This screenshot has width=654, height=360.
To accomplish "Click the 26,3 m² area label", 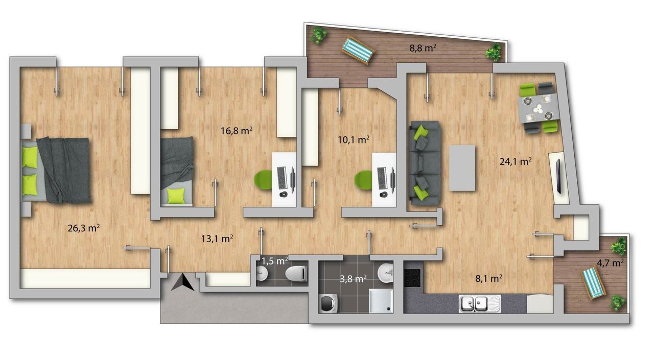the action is coord(83,228).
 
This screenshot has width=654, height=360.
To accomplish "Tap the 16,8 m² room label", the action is coord(237,131).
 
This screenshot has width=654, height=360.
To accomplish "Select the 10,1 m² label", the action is coord(354,140).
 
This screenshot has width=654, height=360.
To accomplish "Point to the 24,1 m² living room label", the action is coord(516,161).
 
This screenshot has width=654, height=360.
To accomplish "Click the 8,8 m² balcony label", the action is coord(423,48).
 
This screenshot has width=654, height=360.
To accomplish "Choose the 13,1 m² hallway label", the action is coord(217,238).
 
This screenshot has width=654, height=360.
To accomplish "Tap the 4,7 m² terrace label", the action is coord(610,263).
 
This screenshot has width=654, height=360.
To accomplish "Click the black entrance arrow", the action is coord(183,282).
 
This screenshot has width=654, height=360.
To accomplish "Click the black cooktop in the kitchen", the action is coord(412,277).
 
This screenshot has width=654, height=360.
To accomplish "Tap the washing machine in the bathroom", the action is coord(328,303).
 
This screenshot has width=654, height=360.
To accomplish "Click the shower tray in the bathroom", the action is coord(381,301).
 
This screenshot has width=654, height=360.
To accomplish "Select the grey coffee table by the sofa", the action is coord(462,168).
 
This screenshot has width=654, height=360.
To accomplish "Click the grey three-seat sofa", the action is coord(424,163).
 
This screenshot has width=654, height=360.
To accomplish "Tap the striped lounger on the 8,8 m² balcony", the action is coord(358,50).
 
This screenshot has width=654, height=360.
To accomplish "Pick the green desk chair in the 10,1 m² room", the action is coord(363,181).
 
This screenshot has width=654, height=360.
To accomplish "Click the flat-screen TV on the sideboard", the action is coord(558,177).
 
